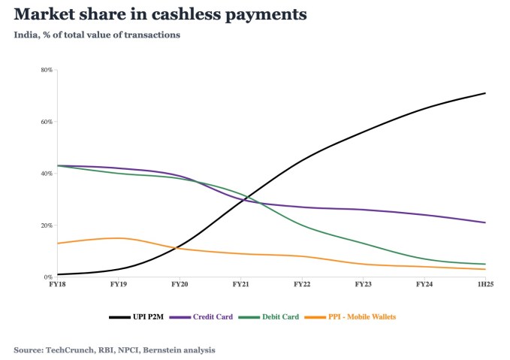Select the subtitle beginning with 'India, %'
[x=97, y=35]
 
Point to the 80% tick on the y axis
[x=47, y=70]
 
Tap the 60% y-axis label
[x=47, y=122]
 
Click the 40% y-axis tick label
[x=47, y=174]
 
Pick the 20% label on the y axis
[x=47, y=225]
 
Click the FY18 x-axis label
[x=56, y=286]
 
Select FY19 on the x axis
[x=118, y=286]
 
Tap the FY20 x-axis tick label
[x=179, y=286]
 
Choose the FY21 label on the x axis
[x=240, y=286]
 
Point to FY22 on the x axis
[x=302, y=286]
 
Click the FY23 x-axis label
[x=363, y=286]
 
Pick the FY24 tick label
[x=424, y=286]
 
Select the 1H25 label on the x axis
[x=485, y=286]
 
